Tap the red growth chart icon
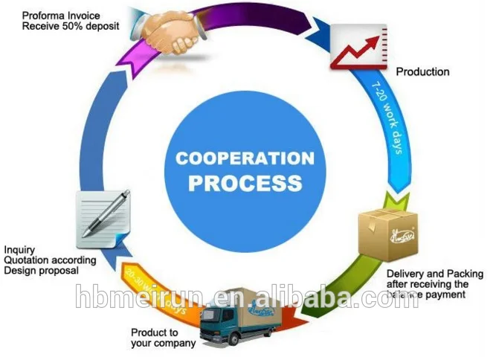tap(358, 47)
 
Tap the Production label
tap(422, 72)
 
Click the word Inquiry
tap(19, 250)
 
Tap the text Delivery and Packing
tap(434, 274)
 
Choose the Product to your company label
tap(163, 338)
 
